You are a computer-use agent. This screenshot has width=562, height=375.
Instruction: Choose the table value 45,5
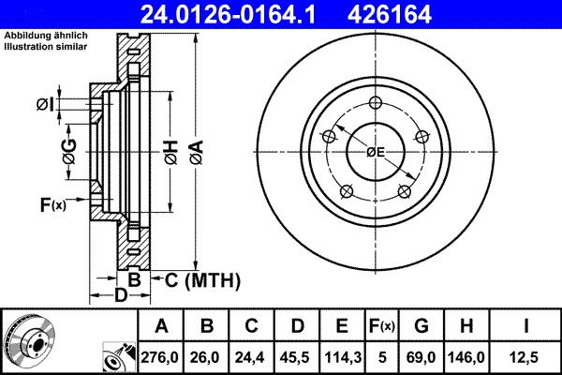tap(296, 356)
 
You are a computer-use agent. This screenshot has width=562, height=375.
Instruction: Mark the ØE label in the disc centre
tap(376, 152)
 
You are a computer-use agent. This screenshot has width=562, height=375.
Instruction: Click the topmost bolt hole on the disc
tap(376, 103)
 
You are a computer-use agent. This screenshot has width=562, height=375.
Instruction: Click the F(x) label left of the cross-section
tap(52, 203)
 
